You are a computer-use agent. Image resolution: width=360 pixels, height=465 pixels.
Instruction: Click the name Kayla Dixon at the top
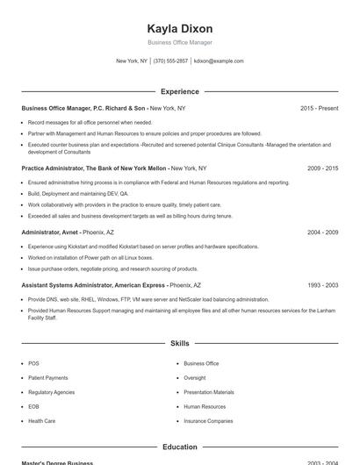[x=179, y=28]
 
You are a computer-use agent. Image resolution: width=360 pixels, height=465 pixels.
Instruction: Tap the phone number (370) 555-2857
[x=170, y=61]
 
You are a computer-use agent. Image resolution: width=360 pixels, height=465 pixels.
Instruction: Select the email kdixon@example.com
[x=219, y=61]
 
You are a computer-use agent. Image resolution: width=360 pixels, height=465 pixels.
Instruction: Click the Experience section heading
[x=179, y=91]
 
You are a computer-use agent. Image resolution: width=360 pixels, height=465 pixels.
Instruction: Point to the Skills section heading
[x=179, y=344]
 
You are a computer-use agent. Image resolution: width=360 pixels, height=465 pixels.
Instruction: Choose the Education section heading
[x=179, y=447]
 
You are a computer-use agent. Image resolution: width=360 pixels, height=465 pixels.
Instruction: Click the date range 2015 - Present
[x=319, y=108]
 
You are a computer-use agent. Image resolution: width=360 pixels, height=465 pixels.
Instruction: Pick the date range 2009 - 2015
[x=322, y=168]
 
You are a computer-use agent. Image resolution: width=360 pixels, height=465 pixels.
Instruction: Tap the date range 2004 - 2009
[x=322, y=232]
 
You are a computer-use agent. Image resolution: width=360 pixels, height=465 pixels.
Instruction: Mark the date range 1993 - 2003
[x=322, y=285]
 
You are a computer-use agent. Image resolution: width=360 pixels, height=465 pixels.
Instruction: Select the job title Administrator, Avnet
[x=50, y=232]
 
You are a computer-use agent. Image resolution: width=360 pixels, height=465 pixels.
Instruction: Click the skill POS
[x=33, y=363]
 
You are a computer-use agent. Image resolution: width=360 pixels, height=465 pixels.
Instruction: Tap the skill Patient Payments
[x=47, y=378]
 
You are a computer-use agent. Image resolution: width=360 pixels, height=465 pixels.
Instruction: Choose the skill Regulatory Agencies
[x=51, y=392]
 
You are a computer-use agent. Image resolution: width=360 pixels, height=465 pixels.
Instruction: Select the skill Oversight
[x=195, y=378]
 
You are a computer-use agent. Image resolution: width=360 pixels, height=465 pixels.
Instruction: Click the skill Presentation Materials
[x=209, y=392]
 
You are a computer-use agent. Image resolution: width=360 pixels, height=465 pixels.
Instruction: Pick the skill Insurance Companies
[x=208, y=421]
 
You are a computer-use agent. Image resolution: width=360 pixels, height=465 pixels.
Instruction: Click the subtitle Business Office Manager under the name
[x=179, y=42]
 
